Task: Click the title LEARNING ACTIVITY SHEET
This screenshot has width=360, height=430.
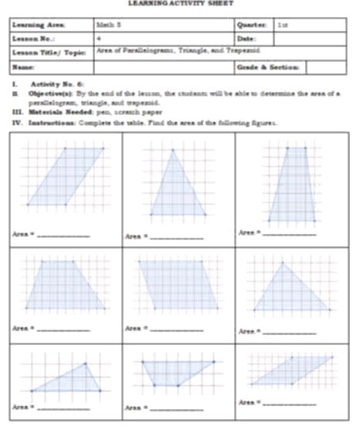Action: (x=179, y=5)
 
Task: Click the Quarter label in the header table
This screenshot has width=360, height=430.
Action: (x=253, y=25)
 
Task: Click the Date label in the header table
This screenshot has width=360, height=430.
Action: (x=248, y=37)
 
